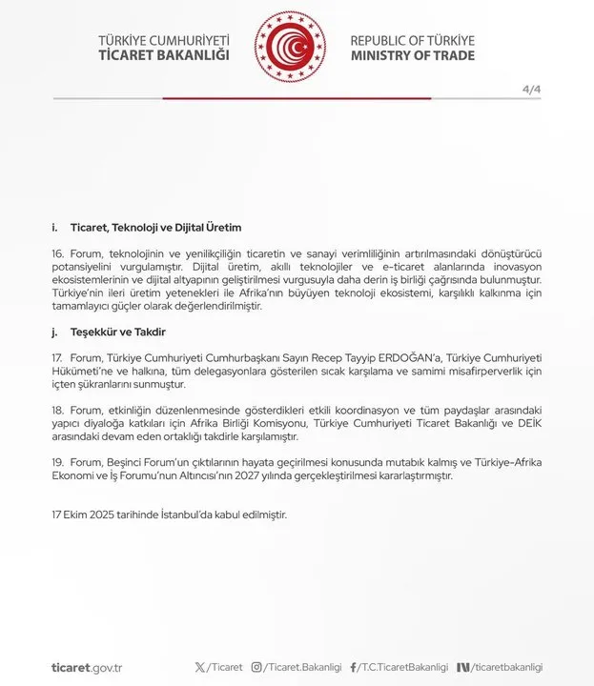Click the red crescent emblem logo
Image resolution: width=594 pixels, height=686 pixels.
coord(290,48)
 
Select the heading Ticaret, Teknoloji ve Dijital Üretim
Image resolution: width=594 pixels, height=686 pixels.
coord(155,228)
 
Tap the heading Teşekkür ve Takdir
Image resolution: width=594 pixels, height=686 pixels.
coord(118,332)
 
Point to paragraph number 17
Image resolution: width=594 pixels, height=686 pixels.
coord(58,356)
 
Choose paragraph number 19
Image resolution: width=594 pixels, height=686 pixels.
coord(58,461)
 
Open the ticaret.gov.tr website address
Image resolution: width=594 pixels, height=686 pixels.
coord(87,668)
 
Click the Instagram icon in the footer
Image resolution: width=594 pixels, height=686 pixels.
coord(256,668)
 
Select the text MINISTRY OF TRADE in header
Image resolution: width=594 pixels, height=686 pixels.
coord(412,56)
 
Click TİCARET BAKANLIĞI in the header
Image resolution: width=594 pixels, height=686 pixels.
coord(164,56)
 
